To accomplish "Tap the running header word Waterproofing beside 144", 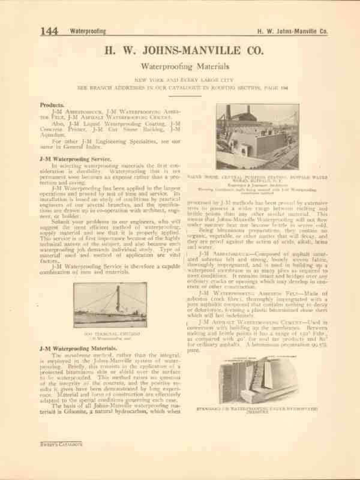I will click(88, 32).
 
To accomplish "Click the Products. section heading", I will click(52, 104).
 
